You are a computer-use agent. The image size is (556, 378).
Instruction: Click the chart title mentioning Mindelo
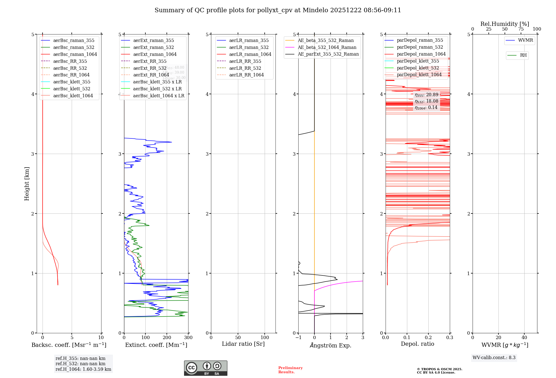pos(278,10)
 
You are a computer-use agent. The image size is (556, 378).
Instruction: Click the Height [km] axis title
pos(27,184)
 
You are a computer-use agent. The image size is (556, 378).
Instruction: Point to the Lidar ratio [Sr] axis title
pos(243,344)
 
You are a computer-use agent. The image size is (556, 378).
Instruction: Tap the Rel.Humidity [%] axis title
pos(505,24)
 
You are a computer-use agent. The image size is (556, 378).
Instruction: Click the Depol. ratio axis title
pos(417,344)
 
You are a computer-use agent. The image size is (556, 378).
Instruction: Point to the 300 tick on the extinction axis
pos(188,338)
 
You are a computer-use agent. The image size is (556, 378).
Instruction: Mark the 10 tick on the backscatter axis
pos(101,338)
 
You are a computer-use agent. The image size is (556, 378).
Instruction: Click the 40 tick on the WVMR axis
pos(524,338)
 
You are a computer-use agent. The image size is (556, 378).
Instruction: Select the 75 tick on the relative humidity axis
pos(521,29)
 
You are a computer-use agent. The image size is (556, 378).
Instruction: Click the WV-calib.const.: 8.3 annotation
pos(494,358)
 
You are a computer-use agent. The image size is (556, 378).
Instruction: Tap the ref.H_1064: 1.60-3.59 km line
pos(83,369)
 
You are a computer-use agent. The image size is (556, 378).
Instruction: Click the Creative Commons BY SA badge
pos(205,368)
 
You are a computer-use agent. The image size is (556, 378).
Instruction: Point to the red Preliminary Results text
pos(290,370)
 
